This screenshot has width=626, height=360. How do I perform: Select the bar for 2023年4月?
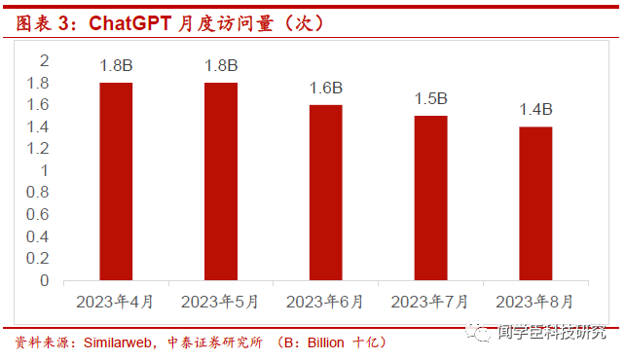click(116, 182)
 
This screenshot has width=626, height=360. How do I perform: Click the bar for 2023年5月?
click(221, 182)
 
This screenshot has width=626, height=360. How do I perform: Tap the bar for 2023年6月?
click(326, 193)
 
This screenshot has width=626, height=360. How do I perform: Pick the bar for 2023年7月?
click(430, 198)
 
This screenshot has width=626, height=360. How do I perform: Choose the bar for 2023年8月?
click(535, 203)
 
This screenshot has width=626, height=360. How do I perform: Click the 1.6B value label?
click(326, 89)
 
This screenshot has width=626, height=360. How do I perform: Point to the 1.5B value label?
click(430, 99)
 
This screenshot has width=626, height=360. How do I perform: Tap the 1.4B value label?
click(535, 110)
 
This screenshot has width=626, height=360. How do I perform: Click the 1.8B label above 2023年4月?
click(116, 66)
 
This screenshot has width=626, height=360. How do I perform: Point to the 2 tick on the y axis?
click(45, 61)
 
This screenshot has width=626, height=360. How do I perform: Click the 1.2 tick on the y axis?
click(38, 149)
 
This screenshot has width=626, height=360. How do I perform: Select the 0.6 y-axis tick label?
click(38, 215)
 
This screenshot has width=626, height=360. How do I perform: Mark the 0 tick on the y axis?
click(45, 281)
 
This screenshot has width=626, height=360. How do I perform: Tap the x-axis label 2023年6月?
click(324, 303)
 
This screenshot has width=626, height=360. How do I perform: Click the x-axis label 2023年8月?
click(534, 303)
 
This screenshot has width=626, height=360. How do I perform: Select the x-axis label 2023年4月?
click(115, 303)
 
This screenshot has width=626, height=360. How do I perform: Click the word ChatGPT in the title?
click(130, 23)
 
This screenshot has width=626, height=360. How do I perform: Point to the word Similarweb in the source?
click(118, 342)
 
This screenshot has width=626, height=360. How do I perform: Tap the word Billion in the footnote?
click(326, 342)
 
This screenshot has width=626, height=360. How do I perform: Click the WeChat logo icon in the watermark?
click(478, 332)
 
